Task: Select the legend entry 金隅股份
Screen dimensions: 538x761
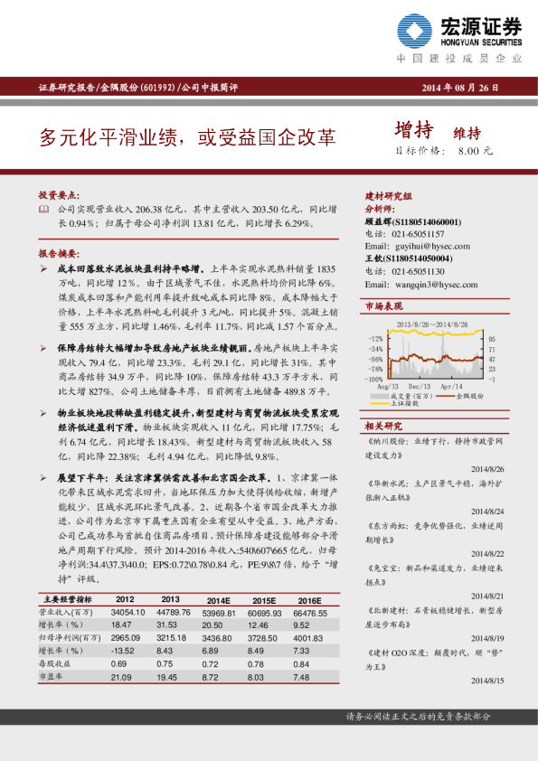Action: tap(470, 395)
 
